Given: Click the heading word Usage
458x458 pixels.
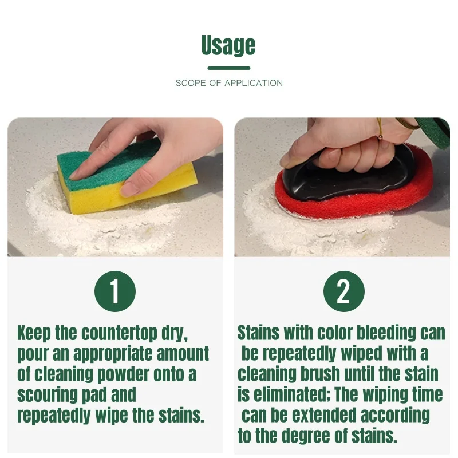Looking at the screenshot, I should [x=228, y=45].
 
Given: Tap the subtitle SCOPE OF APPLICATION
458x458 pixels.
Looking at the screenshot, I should [x=229, y=83].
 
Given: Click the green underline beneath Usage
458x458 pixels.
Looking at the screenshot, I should [x=228, y=68].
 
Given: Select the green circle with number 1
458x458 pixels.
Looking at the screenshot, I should [x=115, y=291].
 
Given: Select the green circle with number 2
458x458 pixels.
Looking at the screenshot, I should [x=343, y=291].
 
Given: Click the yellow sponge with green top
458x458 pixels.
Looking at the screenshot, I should [x=126, y=177].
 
